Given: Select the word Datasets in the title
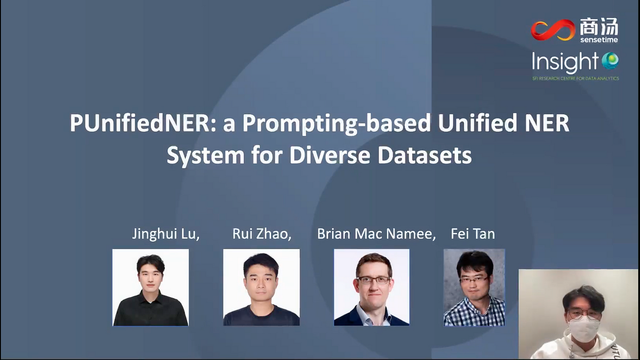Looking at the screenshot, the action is (x=425, y=155).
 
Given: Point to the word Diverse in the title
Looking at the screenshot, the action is (x=330, y=155).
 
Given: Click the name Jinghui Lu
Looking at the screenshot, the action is (x=165, y=234).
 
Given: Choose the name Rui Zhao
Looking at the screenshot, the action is (x=262, y=234).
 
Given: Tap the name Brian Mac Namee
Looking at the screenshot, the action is (x=377, y=234).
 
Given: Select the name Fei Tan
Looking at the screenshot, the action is (x=473, y=234).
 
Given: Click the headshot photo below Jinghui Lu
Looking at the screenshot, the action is (x=150, y=287).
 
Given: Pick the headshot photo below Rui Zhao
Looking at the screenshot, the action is (x=261, y=287).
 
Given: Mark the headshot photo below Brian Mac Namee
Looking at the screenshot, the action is (x=371, y=287).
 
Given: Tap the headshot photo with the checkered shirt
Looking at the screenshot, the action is (x=474, y=287).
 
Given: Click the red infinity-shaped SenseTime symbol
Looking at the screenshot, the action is (x=553, y=30).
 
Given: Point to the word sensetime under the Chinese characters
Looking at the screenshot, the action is (x=599, y=39).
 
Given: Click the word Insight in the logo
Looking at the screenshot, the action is (x=565, y=62).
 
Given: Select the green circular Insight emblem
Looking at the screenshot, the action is (x=610, y=61).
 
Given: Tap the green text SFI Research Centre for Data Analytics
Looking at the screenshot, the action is (x=575, y=78).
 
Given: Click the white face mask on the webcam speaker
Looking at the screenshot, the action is (x=584, y=330).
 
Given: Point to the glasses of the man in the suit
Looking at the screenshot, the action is (x=373, y=281).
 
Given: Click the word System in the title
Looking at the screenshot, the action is (x=206, y=156).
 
